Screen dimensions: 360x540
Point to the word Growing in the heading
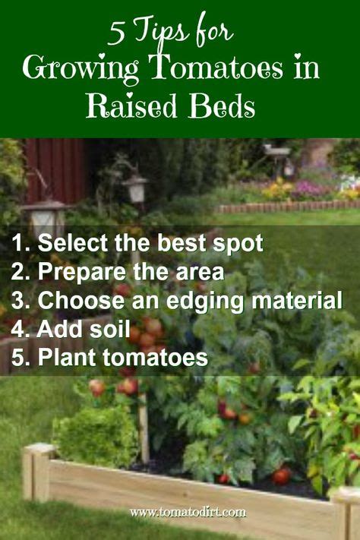pos(81,69)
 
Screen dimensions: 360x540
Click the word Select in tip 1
pos(72,243)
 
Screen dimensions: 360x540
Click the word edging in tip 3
pos(205,302)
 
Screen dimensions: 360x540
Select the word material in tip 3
pos(297,300)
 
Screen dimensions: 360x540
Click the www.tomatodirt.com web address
pos(188,513)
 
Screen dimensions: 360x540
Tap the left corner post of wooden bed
pos(37,472)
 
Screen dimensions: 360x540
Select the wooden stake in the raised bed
pos(144,427)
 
